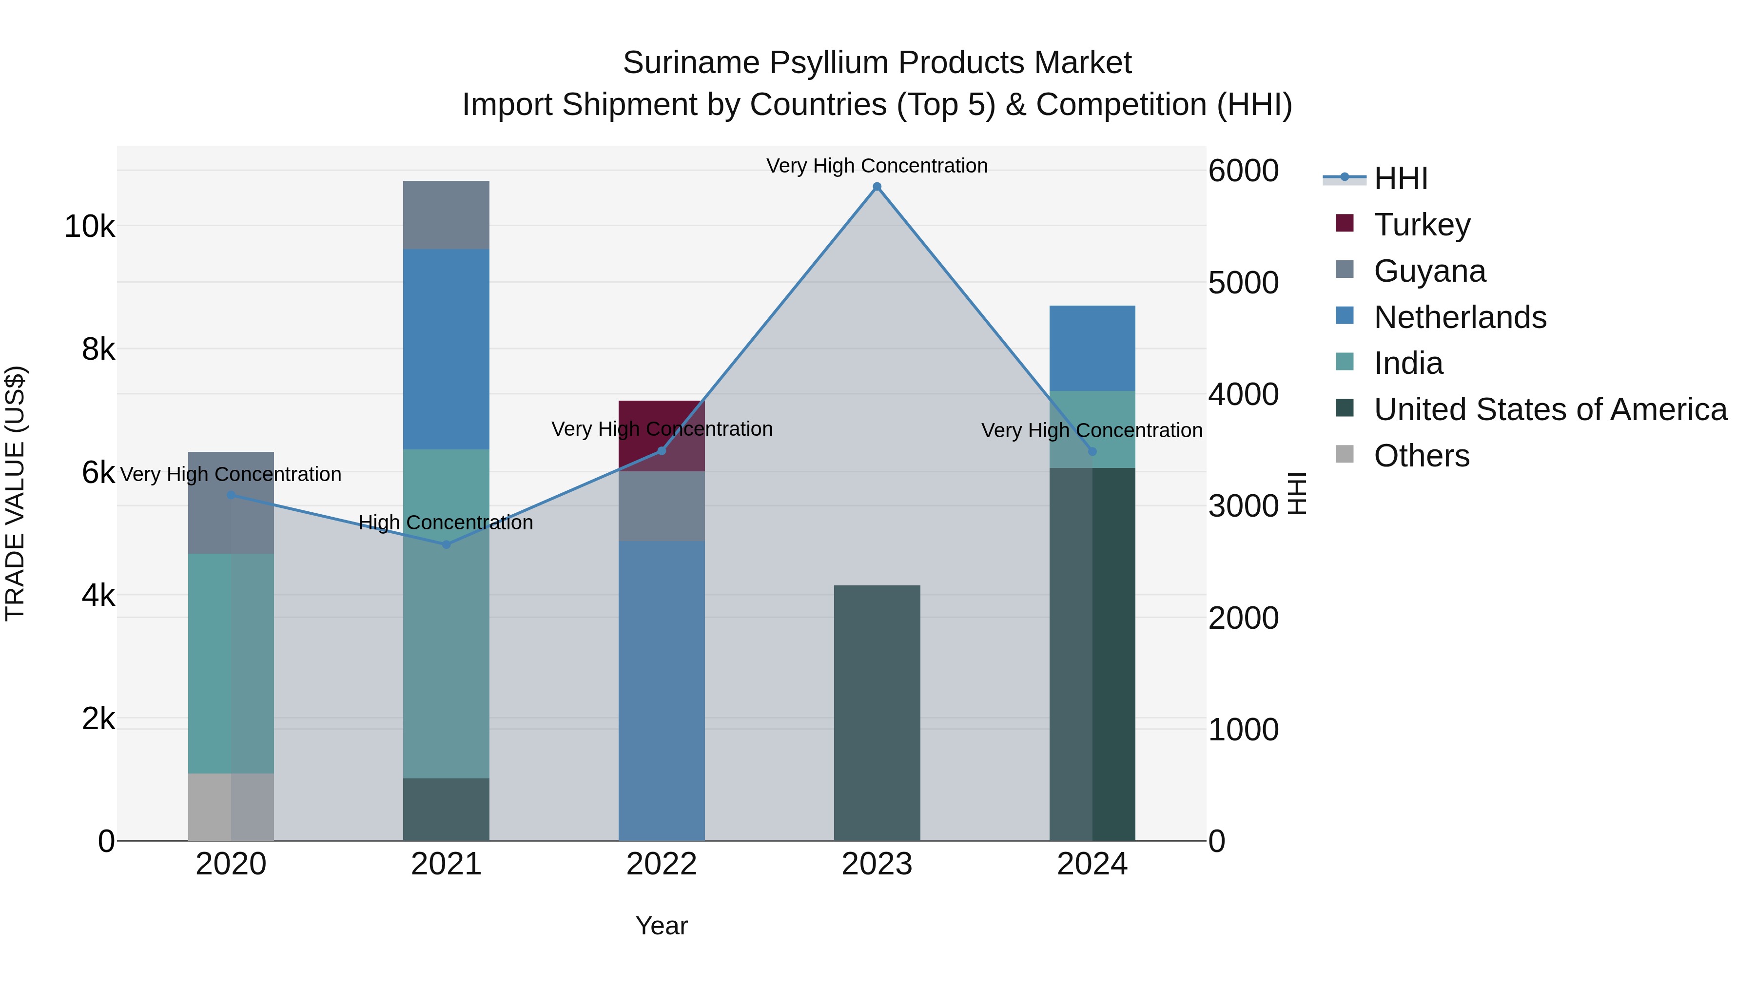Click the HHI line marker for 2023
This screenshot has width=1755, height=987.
(877, 187)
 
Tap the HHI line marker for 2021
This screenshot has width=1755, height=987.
(446, 544)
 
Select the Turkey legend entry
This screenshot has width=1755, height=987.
(1422, 224)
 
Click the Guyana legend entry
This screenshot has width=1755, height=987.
(1429, 271)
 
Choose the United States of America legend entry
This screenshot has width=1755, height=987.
(1550, 409)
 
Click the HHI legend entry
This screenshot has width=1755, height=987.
(1400, 178)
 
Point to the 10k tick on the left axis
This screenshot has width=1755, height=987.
(89, 226)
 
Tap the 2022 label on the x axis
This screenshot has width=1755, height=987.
(662, 864)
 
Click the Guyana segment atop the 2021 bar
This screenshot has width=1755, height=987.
(446, 214)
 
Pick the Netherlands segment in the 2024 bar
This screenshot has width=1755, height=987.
(1092, 348)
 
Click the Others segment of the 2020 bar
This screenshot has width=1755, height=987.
(231, 807)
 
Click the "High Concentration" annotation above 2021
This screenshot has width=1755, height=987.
(446, 523)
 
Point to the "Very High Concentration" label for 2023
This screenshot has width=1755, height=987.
(877, 166)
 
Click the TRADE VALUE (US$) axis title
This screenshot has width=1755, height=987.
(15, 493)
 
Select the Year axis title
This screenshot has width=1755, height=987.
(662, 926)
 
